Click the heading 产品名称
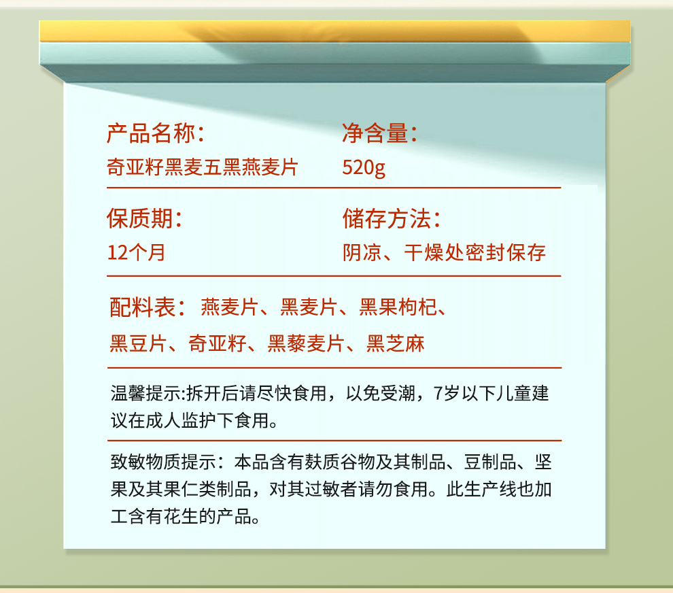[151, 133]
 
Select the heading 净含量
[375, 133]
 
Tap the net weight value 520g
[364, 167]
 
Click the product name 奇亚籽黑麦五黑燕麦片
[202, 167]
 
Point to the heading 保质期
[139, 218]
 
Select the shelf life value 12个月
[136, 252]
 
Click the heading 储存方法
[387, 218]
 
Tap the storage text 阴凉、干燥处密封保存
[444, 252]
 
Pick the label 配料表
[143, 307]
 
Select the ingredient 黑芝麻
[395, 344]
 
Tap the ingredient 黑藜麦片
[307, 344]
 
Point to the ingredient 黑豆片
[138, 344]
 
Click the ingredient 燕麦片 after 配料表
[230, 307]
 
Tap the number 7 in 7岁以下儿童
[438, 393]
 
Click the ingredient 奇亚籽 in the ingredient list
[217, 344]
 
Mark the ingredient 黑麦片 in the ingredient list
[309, 307]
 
